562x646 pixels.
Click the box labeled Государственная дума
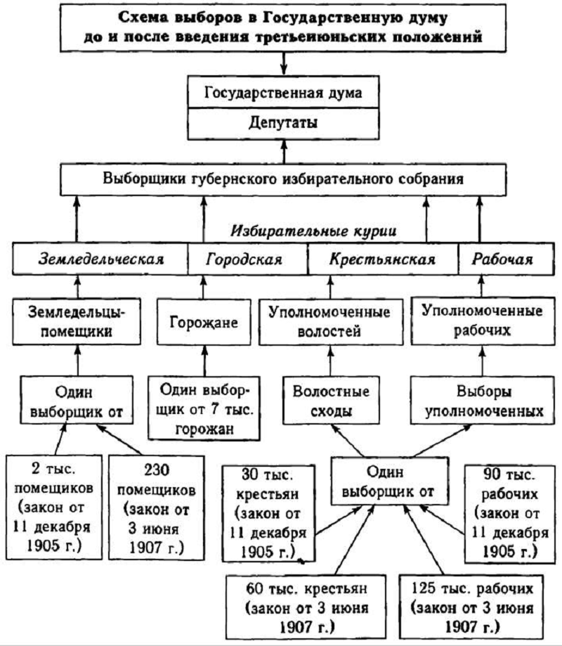tap(283, 92)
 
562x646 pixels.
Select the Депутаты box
tap(283, 124)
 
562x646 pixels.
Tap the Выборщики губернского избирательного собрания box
tap(283, 180)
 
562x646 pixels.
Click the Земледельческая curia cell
tap(100, 259)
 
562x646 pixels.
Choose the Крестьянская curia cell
tap(383, 259)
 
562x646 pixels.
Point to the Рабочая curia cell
tap(506, 259)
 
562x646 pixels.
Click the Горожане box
tap(204, 322)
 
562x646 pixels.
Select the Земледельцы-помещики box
tap(77, 322)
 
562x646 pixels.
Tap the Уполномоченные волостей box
tap(331, 322)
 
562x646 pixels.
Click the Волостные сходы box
tap(331, 400)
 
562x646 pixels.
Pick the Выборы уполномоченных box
tap(483, 400)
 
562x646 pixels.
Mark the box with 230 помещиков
tap(157, 508)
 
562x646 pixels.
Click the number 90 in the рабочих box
tap(492, 474)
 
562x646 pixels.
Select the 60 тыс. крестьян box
tap(306, 607)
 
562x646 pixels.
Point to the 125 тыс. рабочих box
tap(471, 607)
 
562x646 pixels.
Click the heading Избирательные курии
tap(314, 231)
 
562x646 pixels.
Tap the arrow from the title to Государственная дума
tap(283, 63)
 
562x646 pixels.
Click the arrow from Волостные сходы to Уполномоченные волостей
tap(331, 361)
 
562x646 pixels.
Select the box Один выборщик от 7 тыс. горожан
tap(204, 408)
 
